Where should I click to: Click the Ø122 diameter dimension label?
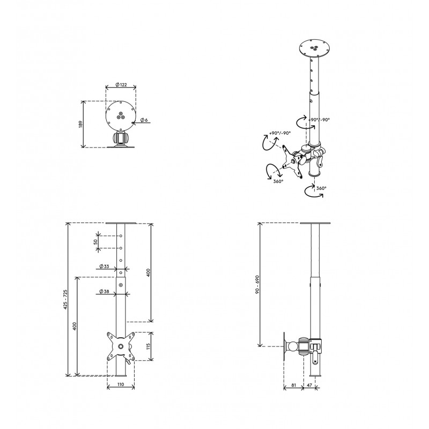[x=121, y=85]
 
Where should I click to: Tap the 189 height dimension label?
[x=80, y=124]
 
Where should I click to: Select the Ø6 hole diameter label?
[x=144, y=120]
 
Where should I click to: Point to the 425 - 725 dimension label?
[x=65, y=300]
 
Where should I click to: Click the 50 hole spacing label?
[x=95, y=242]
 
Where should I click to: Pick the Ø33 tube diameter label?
[x=104, y=266]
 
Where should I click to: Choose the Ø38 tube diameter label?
[x=104, y=291]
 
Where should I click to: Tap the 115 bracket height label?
[x=149, y=346]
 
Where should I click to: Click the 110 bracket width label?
[x=121, y=384]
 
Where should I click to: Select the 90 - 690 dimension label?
[x=257, y=285]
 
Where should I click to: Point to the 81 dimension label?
[x=293, y=385]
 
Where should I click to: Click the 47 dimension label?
[x=309, y=385]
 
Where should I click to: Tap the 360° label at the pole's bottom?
[x=321, y=188]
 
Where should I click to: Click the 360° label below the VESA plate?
[x=278, y=181]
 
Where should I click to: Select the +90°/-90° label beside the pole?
[x=319, y=120]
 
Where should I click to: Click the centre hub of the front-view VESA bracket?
[x=121, y=346]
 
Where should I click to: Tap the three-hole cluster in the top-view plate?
[x=120, y=116]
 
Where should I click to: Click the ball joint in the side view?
[x=292, y=346]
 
